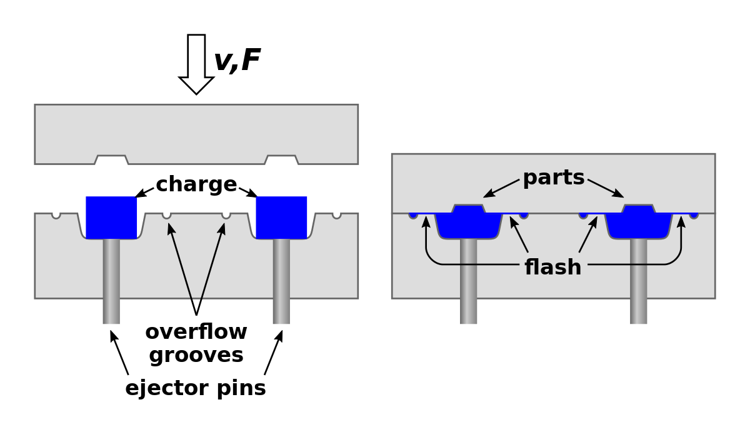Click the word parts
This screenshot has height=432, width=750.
[553, 178]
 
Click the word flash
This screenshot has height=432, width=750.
[553, 268]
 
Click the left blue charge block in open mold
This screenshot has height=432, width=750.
[111, 217]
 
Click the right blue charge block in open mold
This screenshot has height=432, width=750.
[281, 217]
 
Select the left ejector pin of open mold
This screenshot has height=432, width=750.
[111, 281]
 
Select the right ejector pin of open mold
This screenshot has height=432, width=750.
[281, 281]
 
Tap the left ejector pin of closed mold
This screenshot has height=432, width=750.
[469, 281]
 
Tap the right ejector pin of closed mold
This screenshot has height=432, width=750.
[639, 281]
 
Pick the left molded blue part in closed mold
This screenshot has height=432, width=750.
[469, 224]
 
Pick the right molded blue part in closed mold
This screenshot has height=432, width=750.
[639, 224]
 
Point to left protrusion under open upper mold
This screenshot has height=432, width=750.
[111, 160]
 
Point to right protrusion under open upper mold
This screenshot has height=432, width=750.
[281, 160]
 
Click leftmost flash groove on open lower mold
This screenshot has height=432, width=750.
[56, 215]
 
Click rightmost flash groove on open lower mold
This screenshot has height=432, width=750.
[337, 215]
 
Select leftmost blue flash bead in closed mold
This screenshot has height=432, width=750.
[413, 215]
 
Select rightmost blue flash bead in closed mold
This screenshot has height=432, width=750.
[694, 215]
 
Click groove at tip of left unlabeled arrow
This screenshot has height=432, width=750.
[167, 215]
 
